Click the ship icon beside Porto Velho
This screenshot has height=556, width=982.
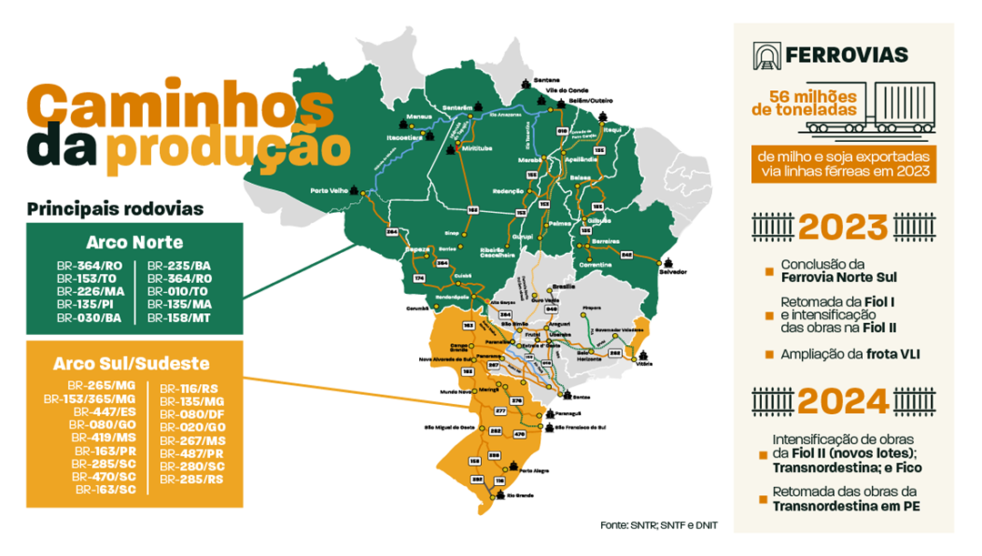(x=366, y=192)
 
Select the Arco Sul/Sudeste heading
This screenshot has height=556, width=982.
(x=133, y=363)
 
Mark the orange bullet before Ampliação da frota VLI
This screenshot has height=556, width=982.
(x=769, y=354)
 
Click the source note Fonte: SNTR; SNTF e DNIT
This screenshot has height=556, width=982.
(x=658, y=525)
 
